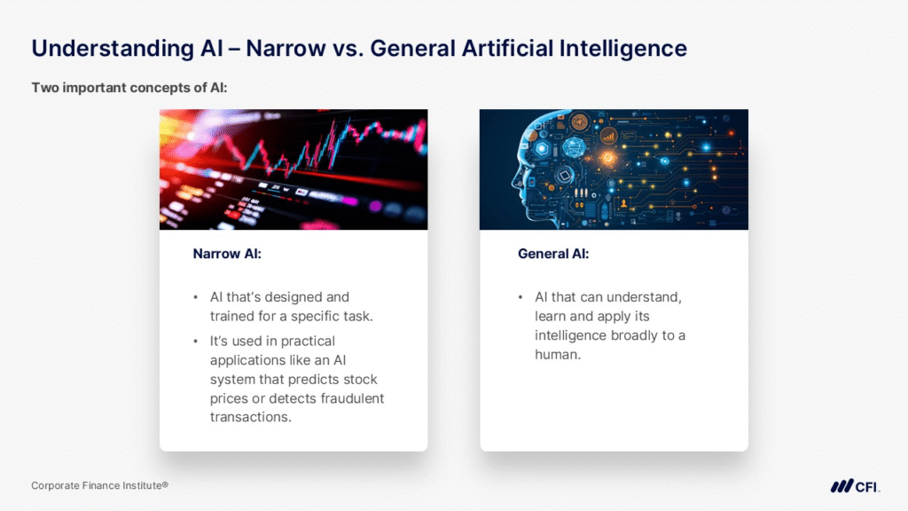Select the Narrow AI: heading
point(227,254)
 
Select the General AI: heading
point(553,254)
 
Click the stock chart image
point(294,169)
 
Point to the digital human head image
point(614,169)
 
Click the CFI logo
point(855,486)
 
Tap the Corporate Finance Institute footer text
point(99,485)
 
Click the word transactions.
point(251,417)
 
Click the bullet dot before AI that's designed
point(196,298)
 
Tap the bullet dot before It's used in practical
point(196,342)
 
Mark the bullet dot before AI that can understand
point(521,298)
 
